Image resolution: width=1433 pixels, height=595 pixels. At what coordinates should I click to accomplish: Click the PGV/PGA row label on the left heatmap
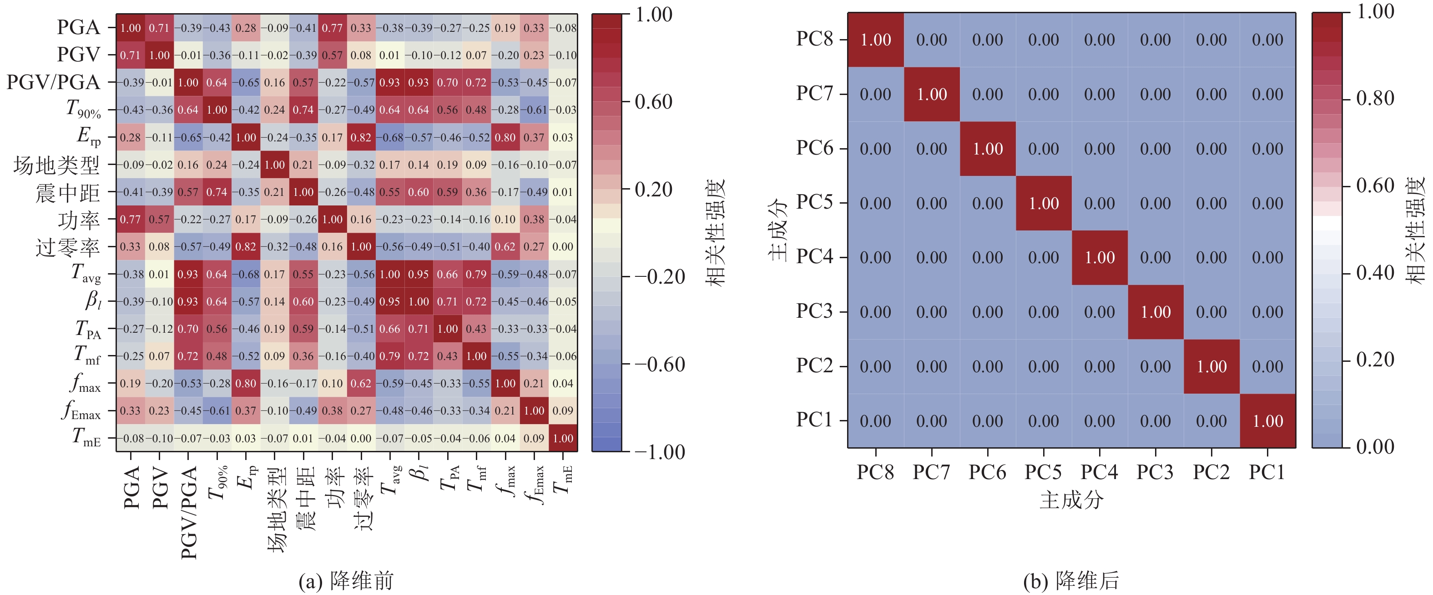53,82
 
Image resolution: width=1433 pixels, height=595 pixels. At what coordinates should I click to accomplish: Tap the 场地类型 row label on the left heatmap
57,165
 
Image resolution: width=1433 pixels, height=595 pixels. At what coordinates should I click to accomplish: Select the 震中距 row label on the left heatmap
68,192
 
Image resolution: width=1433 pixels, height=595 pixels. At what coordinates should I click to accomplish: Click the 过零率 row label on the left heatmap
68,247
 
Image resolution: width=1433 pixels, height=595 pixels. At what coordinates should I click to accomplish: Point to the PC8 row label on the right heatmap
814,39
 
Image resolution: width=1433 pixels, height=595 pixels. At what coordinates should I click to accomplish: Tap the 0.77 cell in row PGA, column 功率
332,28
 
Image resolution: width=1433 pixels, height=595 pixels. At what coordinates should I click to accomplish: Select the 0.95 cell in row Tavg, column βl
419,274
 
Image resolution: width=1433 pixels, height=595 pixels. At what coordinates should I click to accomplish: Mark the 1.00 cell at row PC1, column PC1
1268,421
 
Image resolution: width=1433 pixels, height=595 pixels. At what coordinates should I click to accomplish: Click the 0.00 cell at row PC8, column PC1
1268,40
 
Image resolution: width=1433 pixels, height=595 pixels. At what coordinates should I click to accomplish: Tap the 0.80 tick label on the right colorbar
1375,99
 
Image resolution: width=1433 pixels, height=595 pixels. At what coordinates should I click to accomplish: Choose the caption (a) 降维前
346,580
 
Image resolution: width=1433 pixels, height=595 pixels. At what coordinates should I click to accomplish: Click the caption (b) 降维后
1071,580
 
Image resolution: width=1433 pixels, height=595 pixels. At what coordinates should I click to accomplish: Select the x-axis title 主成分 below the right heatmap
1071,500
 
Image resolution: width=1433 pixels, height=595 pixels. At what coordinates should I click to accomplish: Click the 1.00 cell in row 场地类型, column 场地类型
275,165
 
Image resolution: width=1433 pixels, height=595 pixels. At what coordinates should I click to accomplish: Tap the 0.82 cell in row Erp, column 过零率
361,137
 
